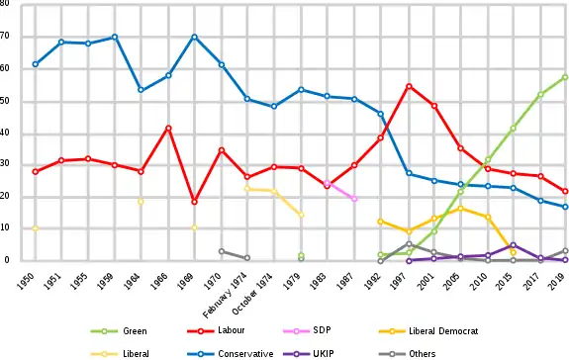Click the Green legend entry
tap(119, 331)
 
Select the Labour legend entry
tap(216, 330)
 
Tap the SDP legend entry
tap(307, 330)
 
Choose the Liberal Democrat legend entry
tap(428, 331)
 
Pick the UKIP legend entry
tap(308, 353)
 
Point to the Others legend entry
tap(407, 353)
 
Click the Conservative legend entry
tap(231, 353)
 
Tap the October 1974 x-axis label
tap(252, 298)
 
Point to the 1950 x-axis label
tap(26, 281)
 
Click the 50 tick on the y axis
tap(4, 101)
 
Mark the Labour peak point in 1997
tap(410, 87)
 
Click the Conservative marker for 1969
tap(195, 37)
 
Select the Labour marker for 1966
tap(168, 129)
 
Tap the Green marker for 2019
tap(565, 77)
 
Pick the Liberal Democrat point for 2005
tap(461, 209)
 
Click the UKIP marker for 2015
tap(514, 245)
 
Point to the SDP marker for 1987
tap(354, 199)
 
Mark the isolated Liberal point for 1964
tap(141, 202)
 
